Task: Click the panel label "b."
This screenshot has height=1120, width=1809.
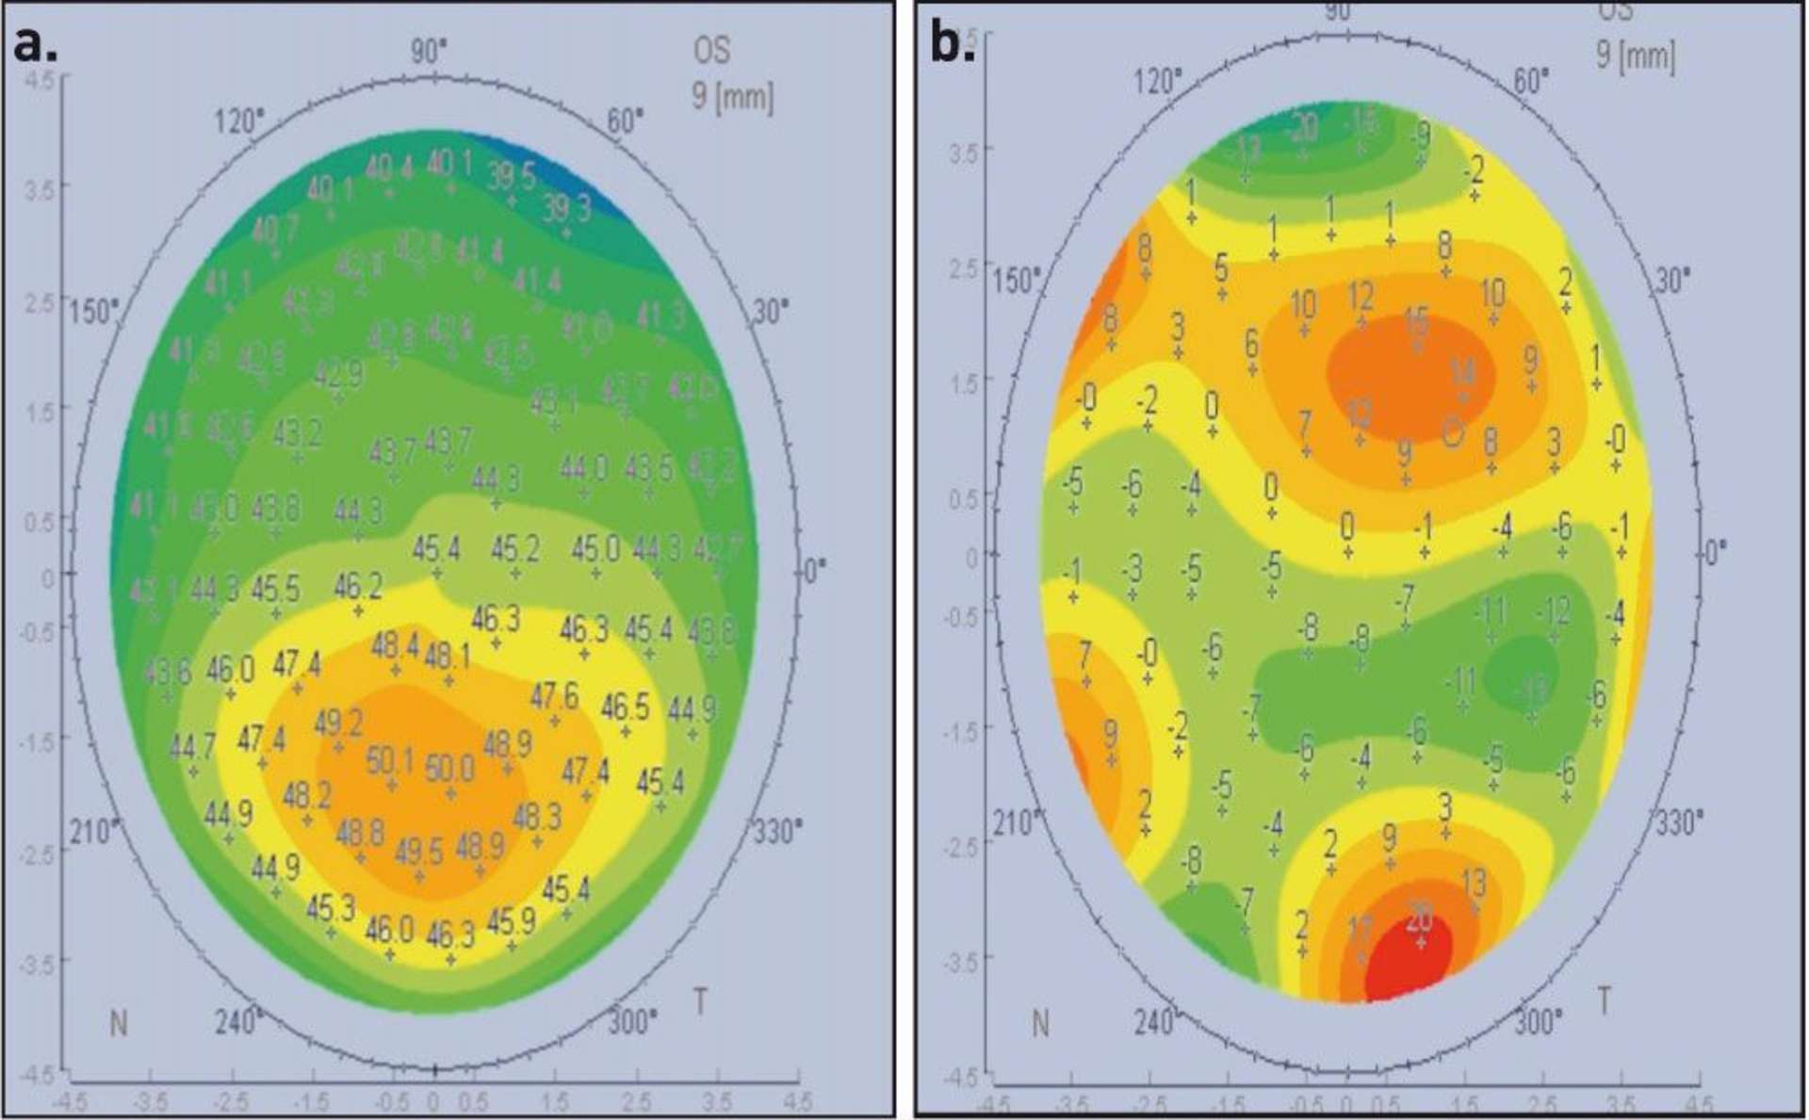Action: (953, 43)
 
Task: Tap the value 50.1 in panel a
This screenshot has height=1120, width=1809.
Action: (390, 760)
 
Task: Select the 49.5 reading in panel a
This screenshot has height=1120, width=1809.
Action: (418, 852)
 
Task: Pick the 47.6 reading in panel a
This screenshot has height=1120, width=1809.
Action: (554, 697)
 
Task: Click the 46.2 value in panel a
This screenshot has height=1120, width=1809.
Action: (358, 588)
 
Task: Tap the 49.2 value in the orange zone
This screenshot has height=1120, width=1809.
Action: (338, 724)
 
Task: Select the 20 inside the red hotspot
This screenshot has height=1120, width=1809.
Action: (1419, 916)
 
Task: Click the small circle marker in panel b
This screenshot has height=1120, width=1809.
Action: (1453, 432)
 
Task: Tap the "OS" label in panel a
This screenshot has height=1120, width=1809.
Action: (711, 49)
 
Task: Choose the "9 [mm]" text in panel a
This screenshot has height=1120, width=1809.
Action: (732, 96)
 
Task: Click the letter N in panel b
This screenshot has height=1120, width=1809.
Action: (1040, 1023)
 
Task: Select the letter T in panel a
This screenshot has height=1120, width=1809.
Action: (700, 1002)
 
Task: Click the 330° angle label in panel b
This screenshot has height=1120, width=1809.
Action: (1679, 823)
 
